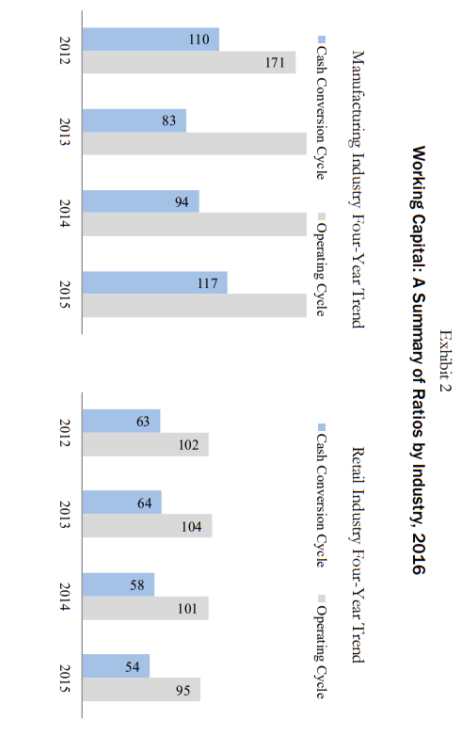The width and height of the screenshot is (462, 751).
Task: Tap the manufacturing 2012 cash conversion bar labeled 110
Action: click(x=151, y=40)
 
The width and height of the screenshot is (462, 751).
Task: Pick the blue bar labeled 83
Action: click(x=134, y=120)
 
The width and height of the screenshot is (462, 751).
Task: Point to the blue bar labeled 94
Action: click(x=140, y=201)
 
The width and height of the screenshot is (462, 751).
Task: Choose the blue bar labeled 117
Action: click(x=154, y=283)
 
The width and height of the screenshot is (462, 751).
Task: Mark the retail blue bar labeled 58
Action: click(x=119, y=584)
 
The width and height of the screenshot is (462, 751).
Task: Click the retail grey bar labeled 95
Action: click(x=141, y=690)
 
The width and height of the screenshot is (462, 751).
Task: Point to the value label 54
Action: click(x=133, y=666)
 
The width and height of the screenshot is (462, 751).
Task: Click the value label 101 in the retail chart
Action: click(x=187, y=609)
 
